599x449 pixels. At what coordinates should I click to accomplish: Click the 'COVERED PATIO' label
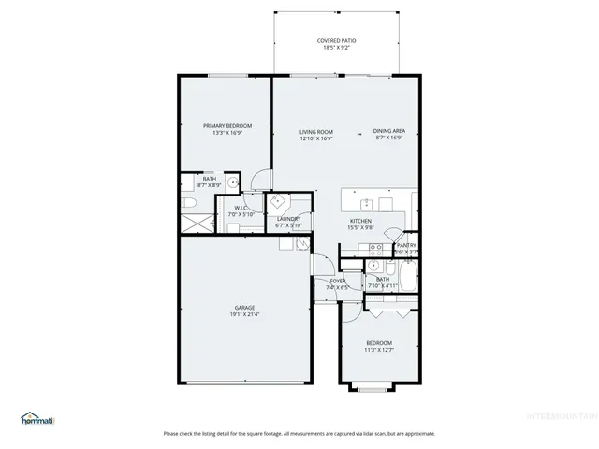click(336, 41)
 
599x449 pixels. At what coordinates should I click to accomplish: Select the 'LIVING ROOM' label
click(316, 131)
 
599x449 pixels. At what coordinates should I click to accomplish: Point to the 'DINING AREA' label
click(388, 131)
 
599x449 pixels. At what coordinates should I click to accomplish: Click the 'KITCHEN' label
click(361, 221)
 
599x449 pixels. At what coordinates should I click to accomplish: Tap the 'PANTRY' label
click(405, 245)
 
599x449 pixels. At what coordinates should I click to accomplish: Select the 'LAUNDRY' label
click(288, 219)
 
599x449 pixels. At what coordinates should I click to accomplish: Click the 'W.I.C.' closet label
click(241, 208)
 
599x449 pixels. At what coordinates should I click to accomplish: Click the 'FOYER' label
click(337, 281)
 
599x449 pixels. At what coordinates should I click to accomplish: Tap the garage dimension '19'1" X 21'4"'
click(244, 314)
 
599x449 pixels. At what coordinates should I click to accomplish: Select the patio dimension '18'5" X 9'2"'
click(336, 48)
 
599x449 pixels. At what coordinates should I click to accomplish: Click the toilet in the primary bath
click(187, 203)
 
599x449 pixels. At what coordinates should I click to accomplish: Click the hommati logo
click(37, 418)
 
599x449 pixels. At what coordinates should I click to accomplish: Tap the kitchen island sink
click(366, 201)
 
